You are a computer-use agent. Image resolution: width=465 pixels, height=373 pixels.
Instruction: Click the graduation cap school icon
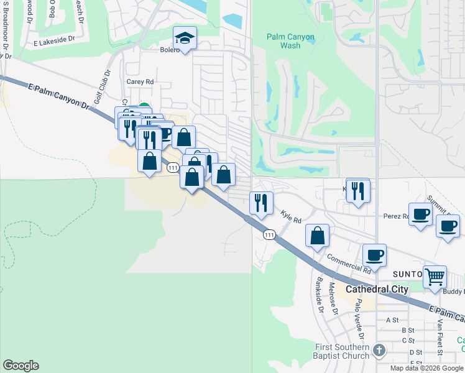pyautogui.click(x=185, y=39)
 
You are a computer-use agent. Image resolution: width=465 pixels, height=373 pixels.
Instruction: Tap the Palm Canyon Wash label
pyautogui.click(x=290, y=41)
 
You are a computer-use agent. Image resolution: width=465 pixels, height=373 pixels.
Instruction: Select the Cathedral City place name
pyautogui.click(x=377, y=289)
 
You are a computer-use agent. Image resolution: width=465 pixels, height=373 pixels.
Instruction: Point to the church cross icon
pyautogui.click(x=379, y=351)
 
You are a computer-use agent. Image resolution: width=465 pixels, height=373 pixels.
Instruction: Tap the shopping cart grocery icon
pyautogui.click(x=435, y=275)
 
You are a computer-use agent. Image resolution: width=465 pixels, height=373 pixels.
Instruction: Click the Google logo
pyautogui.click(x=21, y=366)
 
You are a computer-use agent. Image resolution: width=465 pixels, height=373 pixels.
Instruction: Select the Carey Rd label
pyautogui.click(x=140, y=81)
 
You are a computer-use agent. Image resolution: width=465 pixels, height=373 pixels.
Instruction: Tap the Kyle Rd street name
pyautogui.click(x=291, y=216)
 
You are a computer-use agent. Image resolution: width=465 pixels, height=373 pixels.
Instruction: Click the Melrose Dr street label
pyautogui.click(x=333, y=299)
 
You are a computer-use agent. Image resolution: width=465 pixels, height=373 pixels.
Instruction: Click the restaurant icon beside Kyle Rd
pyautogui.click(x=261, y=202)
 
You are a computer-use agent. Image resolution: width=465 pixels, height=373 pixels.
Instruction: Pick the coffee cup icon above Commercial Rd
pyautogui.click(x=375, y=254)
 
